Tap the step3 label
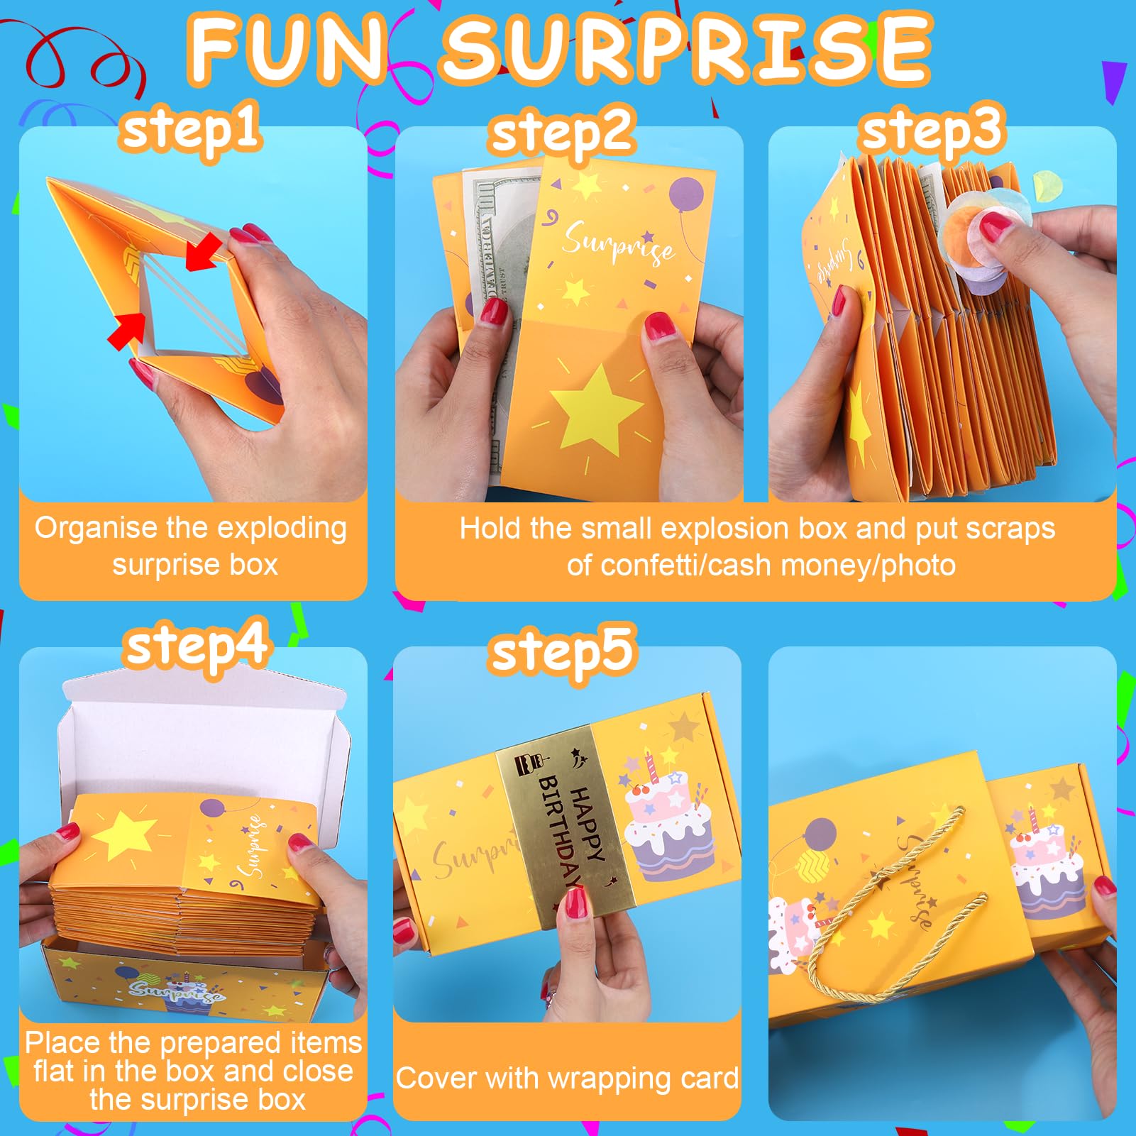tap(932, 131)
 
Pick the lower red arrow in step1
tap(127, 331)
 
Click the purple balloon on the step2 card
tap(686, 194)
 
